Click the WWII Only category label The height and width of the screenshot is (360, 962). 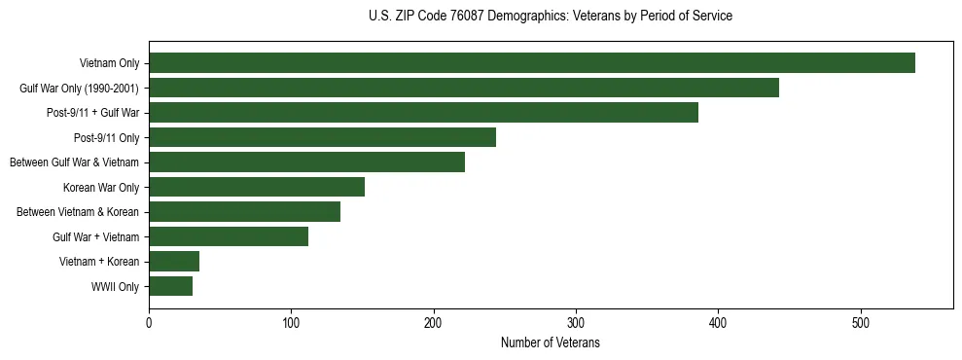pos(114,287)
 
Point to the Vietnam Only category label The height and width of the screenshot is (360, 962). pos(108,64)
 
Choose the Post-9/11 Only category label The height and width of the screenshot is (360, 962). pos(107,138)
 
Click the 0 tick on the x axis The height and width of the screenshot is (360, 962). pos(149,322)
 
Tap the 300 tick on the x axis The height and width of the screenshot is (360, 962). pos(576,322)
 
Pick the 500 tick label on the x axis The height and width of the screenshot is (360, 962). pos(860,322)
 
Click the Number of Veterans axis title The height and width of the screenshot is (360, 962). pos(551,343)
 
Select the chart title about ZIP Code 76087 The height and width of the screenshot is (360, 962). pos(551,17)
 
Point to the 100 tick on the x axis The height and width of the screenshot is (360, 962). pos(291,322)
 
